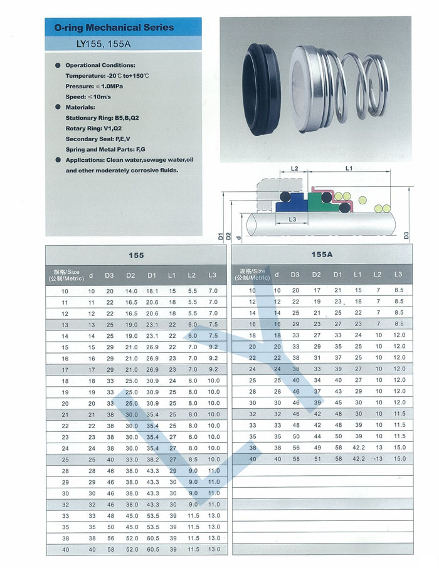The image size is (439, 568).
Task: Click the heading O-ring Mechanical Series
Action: tap(114, 28)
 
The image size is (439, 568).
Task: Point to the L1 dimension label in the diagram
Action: tap(349, 169)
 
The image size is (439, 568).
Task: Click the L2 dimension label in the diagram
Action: tap(295, 169)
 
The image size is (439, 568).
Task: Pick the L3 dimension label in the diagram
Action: tap(292, 219)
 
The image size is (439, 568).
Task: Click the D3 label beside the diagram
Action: tap(406, 235)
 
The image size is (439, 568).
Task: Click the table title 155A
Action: tap(321, 255)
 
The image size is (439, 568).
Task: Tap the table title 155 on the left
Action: tap(136, 255)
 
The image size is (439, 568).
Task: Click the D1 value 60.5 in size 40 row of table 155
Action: tap(152, 549)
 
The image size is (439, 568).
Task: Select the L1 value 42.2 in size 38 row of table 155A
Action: tap(357, 448)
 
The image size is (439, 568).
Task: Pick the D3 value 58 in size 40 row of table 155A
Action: tap(295, 459)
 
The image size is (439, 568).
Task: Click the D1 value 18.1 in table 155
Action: tap(152, 292)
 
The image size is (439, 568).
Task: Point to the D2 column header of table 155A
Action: tap(317, 275)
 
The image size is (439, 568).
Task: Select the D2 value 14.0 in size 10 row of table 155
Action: tap(131, 292)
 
